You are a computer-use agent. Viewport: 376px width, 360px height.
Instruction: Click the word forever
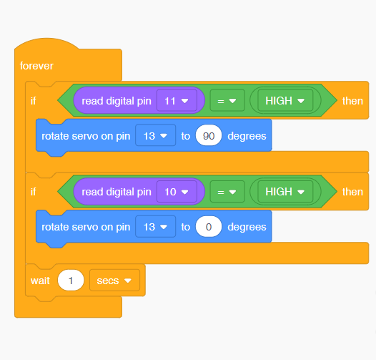36,66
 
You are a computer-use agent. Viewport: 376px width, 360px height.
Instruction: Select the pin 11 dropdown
177,101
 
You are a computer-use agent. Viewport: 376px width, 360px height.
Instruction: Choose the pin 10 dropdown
177,192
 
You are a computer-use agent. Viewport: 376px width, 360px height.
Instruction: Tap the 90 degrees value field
209,136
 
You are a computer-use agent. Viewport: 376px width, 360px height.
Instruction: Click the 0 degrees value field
209,227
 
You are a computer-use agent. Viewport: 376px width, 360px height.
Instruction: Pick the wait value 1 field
71,281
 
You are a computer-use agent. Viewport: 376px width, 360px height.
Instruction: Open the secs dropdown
114,281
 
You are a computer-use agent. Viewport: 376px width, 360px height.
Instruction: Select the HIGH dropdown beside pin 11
285,101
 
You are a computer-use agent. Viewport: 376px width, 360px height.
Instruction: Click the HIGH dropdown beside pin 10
285,192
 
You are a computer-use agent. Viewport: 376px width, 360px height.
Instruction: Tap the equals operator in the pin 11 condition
227,101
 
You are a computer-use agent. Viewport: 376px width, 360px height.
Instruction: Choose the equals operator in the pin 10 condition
227,192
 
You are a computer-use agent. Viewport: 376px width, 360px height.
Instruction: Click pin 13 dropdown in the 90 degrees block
155,136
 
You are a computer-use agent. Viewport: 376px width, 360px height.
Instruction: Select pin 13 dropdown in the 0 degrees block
155,227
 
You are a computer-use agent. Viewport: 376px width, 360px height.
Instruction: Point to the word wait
40,281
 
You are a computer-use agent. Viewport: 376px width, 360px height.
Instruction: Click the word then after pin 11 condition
352,101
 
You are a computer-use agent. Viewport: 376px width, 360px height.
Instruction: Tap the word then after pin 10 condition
352,192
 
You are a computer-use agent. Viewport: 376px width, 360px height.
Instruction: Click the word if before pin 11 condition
34,101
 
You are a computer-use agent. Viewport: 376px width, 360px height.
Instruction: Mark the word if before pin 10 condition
34,192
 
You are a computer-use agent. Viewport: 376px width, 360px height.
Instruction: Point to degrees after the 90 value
247,137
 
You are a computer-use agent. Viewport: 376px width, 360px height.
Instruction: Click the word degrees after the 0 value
247,227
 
